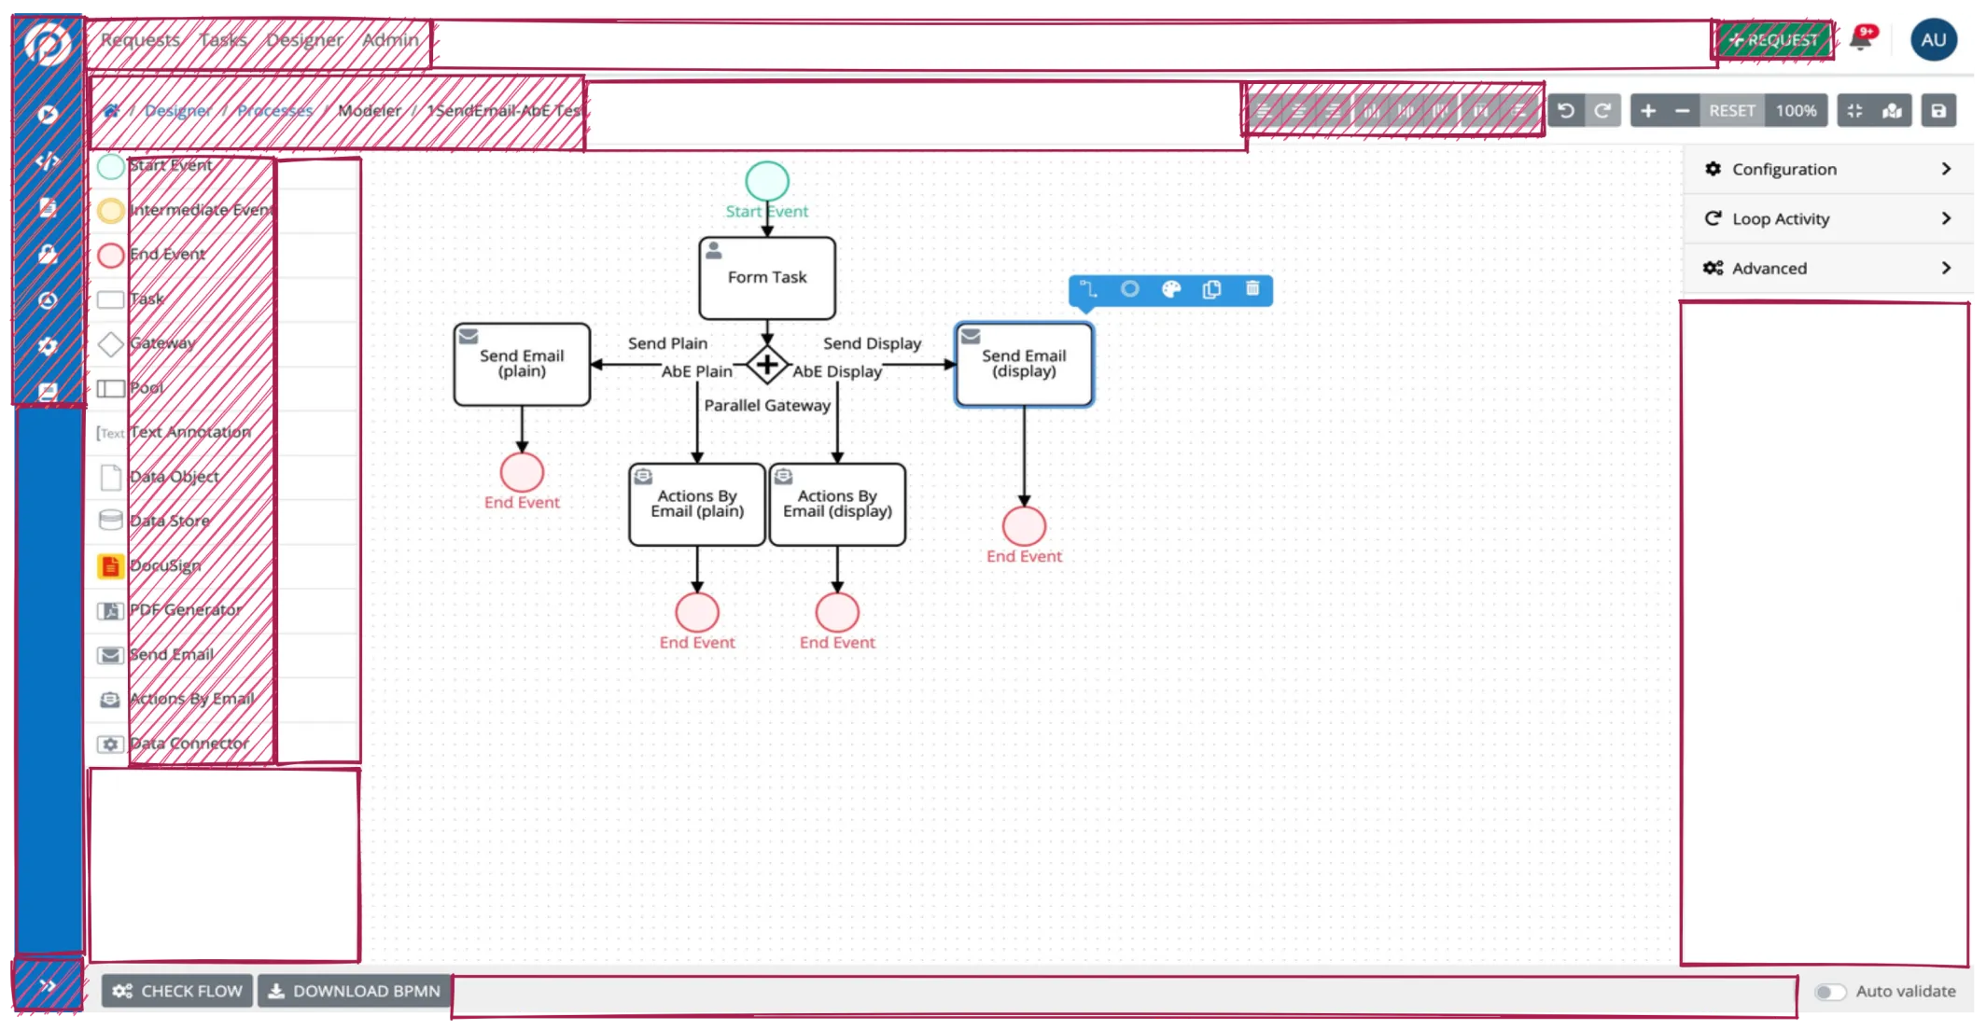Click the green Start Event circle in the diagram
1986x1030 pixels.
tap(767, 181)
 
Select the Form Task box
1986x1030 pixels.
tap(767, 278)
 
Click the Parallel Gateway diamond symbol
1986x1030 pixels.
tap(767, 364)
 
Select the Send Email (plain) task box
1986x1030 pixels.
tap(522, 364)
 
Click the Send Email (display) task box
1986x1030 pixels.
tap(1024, 364)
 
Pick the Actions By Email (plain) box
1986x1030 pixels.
tap(697, 505)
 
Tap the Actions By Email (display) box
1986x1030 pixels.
tap(837, 505)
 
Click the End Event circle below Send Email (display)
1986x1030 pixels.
tap(1024, 526)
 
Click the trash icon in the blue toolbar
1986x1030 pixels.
tap(1252, 289)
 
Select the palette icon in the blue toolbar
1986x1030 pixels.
tap(1171, 289)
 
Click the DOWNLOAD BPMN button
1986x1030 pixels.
tap(355, 991)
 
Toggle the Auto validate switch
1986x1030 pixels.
tap(1830, 992)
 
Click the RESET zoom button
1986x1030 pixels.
tap(1731, 110)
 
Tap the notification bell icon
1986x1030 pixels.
tap(1861, 39)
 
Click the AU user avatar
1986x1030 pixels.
tap(1934, 40)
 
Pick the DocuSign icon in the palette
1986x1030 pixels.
tap(110, 565)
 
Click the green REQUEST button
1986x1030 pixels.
tap(1773, 40)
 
